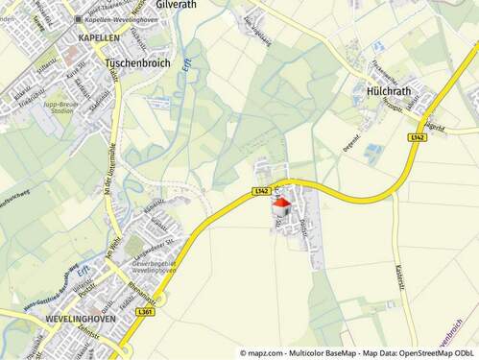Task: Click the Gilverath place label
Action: pos(178,5)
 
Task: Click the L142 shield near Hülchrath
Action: pos(416,138)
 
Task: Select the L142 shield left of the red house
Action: pos(262,192)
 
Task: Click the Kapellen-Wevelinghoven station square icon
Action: pos(79,19)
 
